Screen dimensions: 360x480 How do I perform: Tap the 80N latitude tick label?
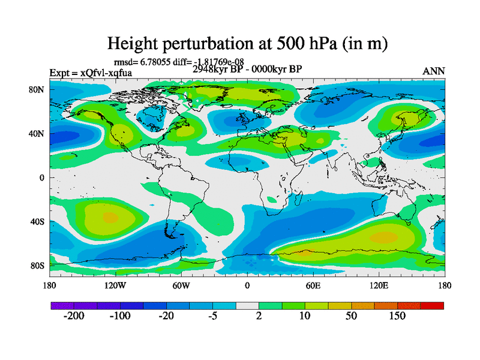(38, 89)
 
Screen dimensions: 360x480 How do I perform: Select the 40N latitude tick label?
(38, 133)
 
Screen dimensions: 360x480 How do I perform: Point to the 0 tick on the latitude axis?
(42, 178)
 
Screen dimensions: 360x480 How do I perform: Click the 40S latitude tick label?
(38, 221)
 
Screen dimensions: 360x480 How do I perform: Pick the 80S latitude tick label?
(38, 265)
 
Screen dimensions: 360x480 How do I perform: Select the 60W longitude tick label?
(181, 285)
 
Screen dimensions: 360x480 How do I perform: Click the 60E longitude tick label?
(313, 285)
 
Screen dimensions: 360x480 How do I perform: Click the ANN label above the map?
(434, 71)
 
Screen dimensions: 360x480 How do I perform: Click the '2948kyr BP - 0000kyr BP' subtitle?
(247, 68)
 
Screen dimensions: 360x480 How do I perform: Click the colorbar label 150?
(397, 316)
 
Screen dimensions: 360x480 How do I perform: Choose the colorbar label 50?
(352, 316)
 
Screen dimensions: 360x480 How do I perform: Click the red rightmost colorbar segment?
(432, 306)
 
